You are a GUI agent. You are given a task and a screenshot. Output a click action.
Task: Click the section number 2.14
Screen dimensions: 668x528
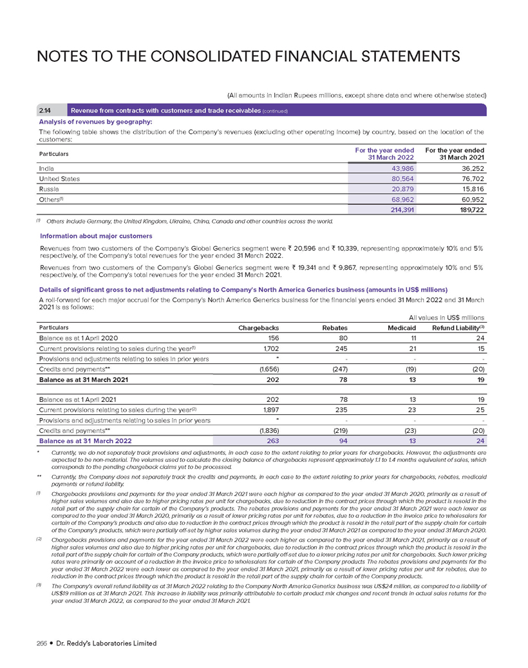47,110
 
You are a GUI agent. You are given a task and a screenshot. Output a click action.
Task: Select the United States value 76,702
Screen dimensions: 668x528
471,178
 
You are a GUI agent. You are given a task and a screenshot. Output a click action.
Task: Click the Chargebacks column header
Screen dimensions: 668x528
258,327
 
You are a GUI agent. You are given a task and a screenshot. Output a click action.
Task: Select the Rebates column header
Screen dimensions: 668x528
335,327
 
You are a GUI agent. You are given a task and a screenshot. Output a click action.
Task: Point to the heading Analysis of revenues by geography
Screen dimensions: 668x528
92,121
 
